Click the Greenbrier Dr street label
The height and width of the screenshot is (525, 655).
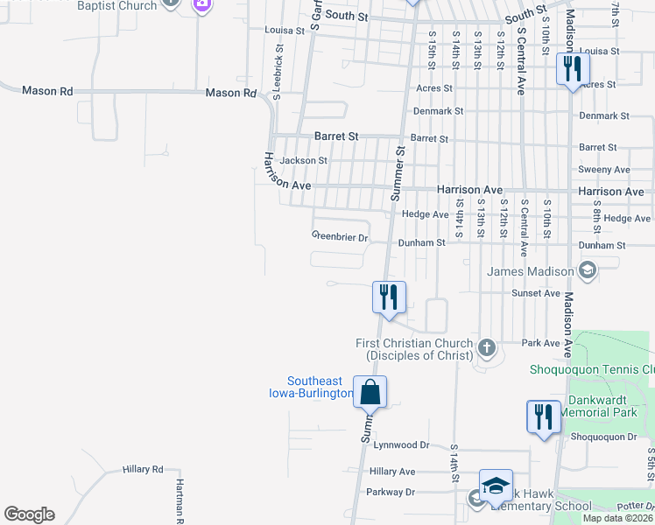tap(341, 236)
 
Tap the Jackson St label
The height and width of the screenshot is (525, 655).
tap(303, 161)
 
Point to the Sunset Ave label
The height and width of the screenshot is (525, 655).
tap(540, 293)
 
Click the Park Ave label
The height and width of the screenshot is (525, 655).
tap(539, 343)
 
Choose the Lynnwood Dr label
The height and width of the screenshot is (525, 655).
tap(402, 445)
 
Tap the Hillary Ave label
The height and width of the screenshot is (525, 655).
tap(392, 471)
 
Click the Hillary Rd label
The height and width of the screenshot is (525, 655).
tap(144, 470)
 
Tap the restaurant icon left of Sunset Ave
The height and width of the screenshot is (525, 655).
tap(388, 297)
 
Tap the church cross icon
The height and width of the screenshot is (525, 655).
tap(487, 350)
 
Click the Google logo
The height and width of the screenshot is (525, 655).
tap(29, 514)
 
